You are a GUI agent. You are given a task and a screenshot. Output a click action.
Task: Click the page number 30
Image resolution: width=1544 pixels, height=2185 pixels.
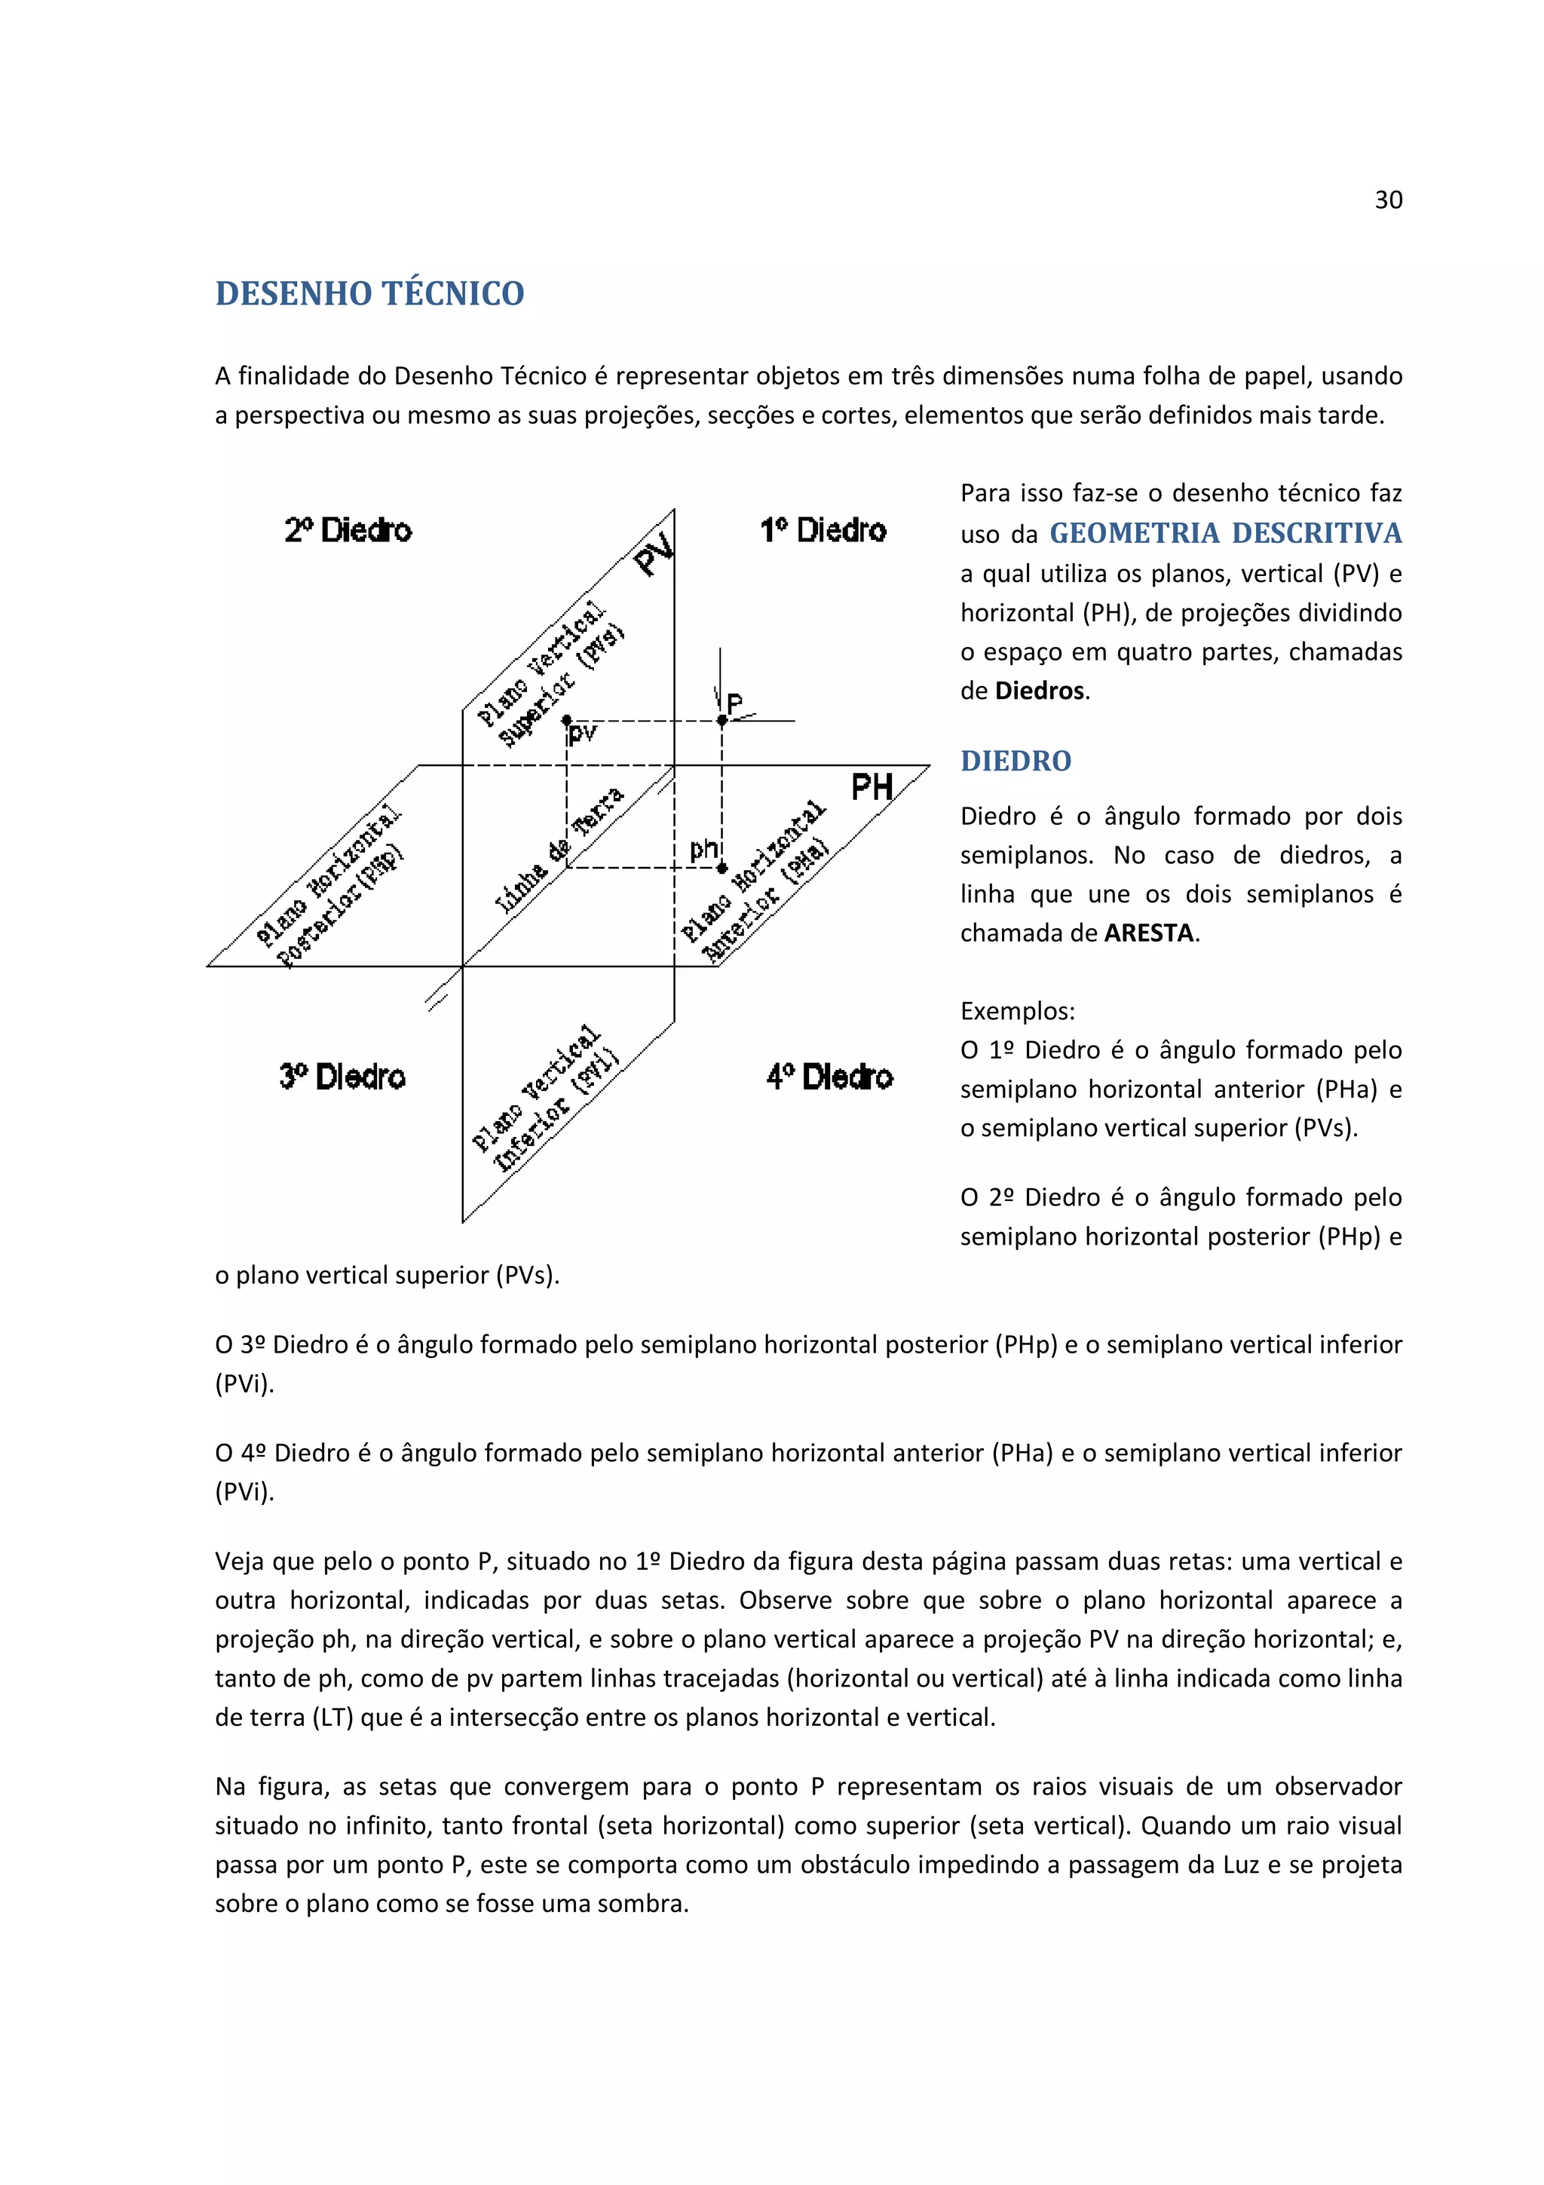(x=1388, y=200)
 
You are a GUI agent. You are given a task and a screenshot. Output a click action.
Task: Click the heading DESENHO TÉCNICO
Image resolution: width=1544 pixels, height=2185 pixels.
(x=369, y=293)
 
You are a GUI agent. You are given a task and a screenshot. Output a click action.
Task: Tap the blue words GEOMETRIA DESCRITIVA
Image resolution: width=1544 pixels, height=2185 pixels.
(x=1225, y=533)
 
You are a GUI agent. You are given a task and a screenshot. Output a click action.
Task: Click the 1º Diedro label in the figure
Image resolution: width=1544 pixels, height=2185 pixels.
(x=823, y=530)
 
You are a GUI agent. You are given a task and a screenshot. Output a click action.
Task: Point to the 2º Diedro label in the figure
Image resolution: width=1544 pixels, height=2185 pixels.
(x=348, y=530)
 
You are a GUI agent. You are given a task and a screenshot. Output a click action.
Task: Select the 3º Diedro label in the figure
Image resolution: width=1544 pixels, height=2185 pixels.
(x=342, y=1077)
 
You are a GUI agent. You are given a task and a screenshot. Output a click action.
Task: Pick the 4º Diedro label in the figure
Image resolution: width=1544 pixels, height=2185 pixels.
(x=829, y=1077)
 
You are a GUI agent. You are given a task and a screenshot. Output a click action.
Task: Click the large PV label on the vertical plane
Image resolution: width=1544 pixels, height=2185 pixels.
(x=654, y=553)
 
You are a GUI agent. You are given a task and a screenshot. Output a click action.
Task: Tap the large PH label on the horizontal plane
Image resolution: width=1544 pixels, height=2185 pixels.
(x=872, y=787)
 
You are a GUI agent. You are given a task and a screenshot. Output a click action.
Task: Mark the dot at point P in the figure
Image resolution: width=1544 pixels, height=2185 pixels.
(x=722, y=720)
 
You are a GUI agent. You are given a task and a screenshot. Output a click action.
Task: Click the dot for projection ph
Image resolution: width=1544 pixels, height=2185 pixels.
(x=722, y=867)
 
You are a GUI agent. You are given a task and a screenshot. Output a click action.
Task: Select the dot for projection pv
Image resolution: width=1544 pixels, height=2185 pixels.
(x=567, y=720)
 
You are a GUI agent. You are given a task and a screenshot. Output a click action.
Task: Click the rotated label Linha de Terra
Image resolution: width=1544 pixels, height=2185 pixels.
(x=559, y=850)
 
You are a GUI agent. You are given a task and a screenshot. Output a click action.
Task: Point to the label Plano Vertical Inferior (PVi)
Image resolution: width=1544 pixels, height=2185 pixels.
(x=546, y=1099)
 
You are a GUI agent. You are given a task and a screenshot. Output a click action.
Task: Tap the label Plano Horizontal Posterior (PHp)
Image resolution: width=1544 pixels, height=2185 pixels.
(x=330, y=888)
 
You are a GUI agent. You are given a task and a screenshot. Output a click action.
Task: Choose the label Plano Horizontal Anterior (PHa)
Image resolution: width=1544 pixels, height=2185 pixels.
(x=755, y=882)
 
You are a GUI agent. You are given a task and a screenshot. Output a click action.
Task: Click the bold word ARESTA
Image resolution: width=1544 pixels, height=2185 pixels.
(x=1148, y=933)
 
